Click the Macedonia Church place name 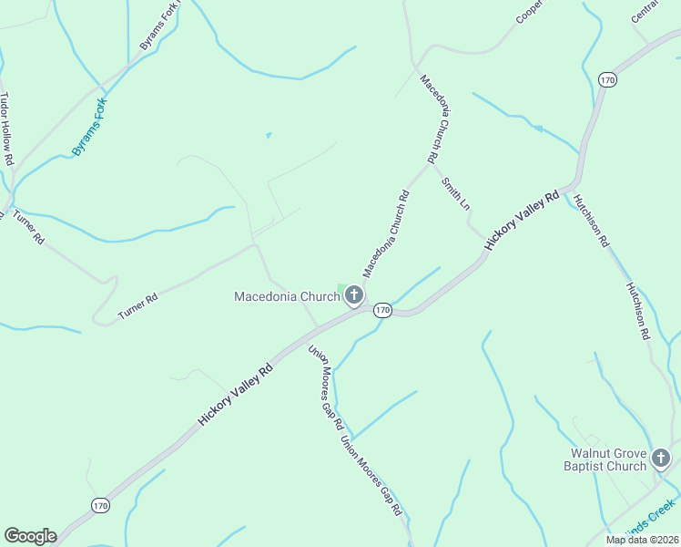pos(286,296)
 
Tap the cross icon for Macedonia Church pos(353,294)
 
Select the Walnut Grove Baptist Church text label pos(608,459)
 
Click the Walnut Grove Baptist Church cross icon pos(661,457)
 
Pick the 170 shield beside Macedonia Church pos(382,311)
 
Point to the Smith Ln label pos(455,193)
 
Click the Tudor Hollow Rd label pos(7,128)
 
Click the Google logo pos(30,536)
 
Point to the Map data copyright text pos(643,539)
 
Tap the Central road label pos(645,12)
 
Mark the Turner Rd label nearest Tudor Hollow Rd pos(27,227)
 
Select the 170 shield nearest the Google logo pos(100,505)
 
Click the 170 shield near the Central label pos(608,80)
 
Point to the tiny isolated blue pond pos(268,136)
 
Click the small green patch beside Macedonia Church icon pos(341,289)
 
